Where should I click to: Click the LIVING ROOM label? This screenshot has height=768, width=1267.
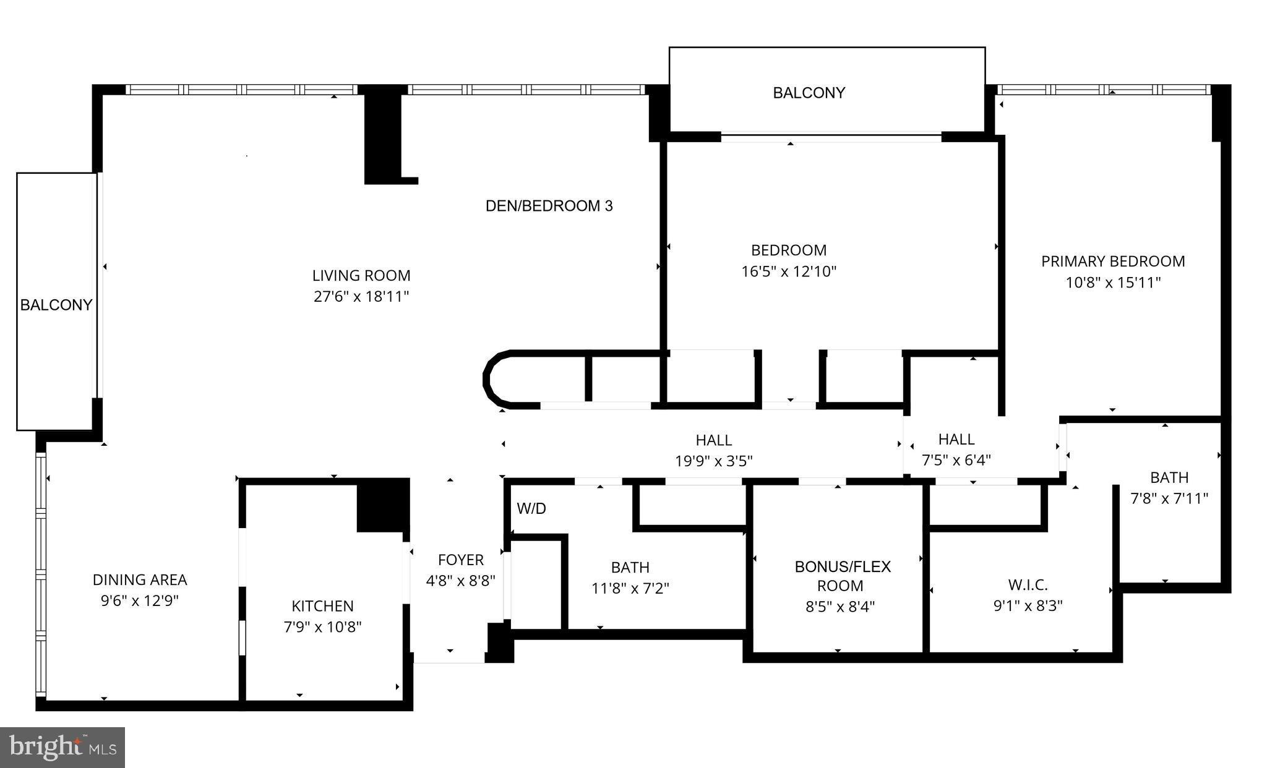pos(361,276)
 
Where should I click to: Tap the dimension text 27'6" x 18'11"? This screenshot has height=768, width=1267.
pos(361,297)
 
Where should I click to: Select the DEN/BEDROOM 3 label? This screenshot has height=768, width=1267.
pos(549,206)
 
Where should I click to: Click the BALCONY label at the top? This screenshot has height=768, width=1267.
pos(809,93)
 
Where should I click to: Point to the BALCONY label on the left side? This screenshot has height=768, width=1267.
pos(56,305)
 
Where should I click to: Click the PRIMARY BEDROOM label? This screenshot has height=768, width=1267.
pos(1112,262)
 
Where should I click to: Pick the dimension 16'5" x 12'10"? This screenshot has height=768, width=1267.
pos(788,271)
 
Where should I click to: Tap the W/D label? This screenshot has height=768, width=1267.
pos(531,509)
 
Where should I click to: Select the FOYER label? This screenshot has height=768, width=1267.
pos(460,560)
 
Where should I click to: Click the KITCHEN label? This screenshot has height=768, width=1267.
pos(322,606)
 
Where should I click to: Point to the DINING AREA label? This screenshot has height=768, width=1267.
pos(140,580)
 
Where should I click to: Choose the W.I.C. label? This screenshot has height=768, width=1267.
pos(1028,585)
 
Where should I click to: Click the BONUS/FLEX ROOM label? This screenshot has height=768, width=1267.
pos(842,576)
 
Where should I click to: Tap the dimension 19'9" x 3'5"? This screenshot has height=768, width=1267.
pos(713,461)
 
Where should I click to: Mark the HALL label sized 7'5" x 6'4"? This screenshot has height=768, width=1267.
pos(956,440)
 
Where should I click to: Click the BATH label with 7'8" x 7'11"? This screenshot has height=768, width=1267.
pos(1169,478)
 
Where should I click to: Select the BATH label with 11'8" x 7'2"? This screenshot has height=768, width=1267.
pos(630,568)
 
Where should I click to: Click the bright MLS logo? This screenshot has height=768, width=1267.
pos(62,748)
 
